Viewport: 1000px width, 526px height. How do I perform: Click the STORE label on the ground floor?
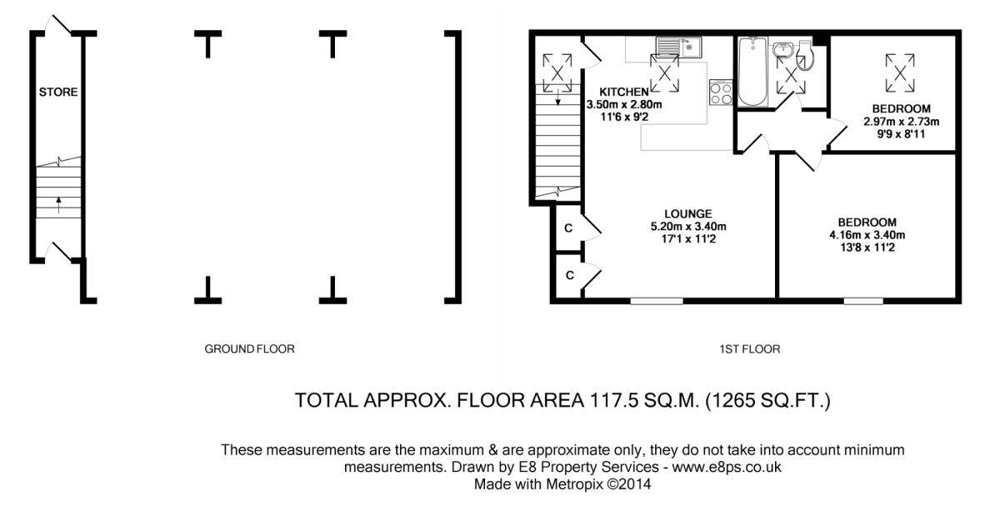[x=58, y=92]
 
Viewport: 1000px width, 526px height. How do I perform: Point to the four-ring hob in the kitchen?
[x=720, y=93]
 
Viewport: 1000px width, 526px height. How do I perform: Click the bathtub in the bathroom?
[x=753, y=73]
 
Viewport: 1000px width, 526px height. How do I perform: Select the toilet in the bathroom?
[x=804, y=54]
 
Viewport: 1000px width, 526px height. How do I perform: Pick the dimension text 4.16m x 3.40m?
[x=867, y=235]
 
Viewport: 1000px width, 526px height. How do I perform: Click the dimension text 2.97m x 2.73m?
[x=901, y=122]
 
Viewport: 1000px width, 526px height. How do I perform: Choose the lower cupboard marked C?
[x=568, y=274]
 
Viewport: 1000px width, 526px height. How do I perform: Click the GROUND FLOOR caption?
[x=249, y=349]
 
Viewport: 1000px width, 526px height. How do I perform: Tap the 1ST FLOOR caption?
[x=749, y=349]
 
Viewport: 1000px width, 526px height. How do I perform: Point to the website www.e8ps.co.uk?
[x=726, y=467]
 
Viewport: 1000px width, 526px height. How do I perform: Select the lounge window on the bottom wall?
[x=656, y=301]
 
